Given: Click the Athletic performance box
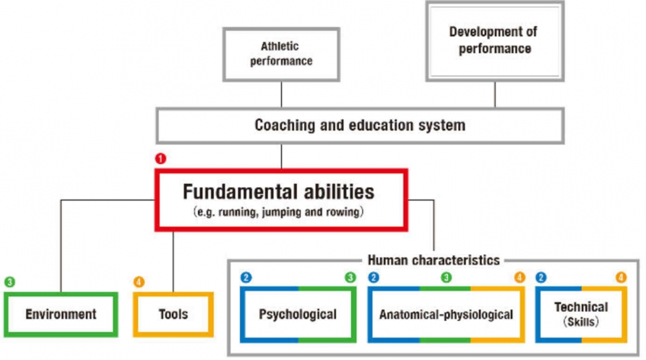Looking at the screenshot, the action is (281, 54).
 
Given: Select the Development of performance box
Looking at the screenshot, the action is (495, 41).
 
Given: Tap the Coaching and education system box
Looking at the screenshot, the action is (360, 125).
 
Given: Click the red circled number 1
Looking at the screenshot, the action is (160, 159).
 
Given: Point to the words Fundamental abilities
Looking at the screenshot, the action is (278, 192).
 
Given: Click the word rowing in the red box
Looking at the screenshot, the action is (343, 212).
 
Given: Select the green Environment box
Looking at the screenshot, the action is (61, 314).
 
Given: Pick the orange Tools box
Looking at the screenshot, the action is (173, 314).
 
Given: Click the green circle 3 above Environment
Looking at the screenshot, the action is (10, 282).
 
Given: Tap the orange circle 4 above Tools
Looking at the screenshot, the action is (139, 282).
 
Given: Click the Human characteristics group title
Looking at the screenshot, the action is (434, 260).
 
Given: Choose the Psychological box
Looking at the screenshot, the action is (298, 315).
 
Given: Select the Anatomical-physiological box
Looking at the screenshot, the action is (446, 315).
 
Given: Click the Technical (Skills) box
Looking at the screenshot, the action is (581, 315).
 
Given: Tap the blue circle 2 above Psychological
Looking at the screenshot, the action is (246, 278).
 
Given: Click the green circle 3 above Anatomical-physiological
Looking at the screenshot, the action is (446, 278).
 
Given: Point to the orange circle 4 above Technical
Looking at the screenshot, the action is (621, 278).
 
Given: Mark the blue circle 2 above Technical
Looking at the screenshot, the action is (541, 278).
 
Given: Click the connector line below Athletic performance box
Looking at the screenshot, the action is (281, 95).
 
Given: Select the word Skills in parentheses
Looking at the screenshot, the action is (581, 322).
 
